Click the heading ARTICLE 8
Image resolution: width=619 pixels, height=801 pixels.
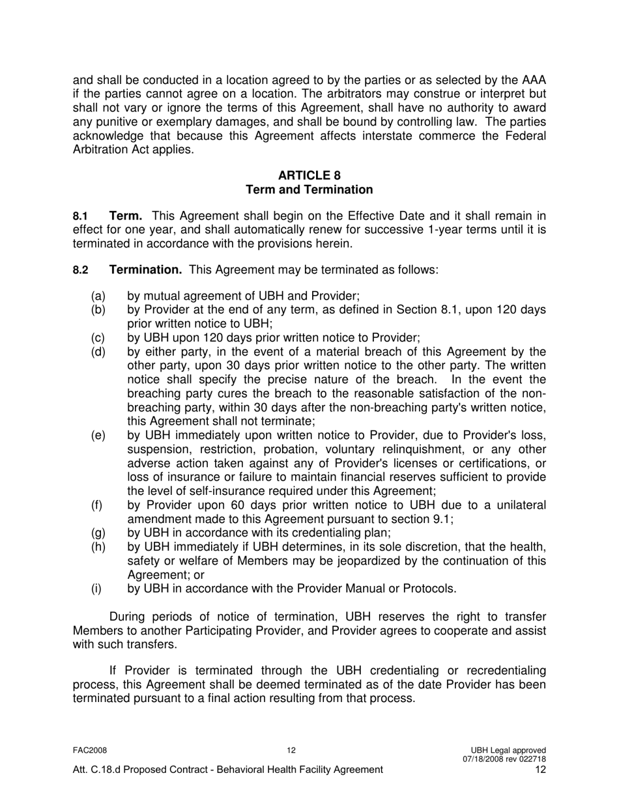pyautogui.click(x=309, y=175)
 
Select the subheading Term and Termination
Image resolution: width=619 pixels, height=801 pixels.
pyautogui.click(x=309, y=190)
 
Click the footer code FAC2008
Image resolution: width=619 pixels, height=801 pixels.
pyautogui.click(x=89, y=750)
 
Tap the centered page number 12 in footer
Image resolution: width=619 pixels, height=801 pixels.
pyautogui.click(x=291, y=750)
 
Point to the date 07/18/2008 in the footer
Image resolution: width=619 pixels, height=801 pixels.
pyautogui.click(x=483, y=759)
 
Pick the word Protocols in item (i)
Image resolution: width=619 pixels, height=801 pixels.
pyautogui.click(x=428, y=589)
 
